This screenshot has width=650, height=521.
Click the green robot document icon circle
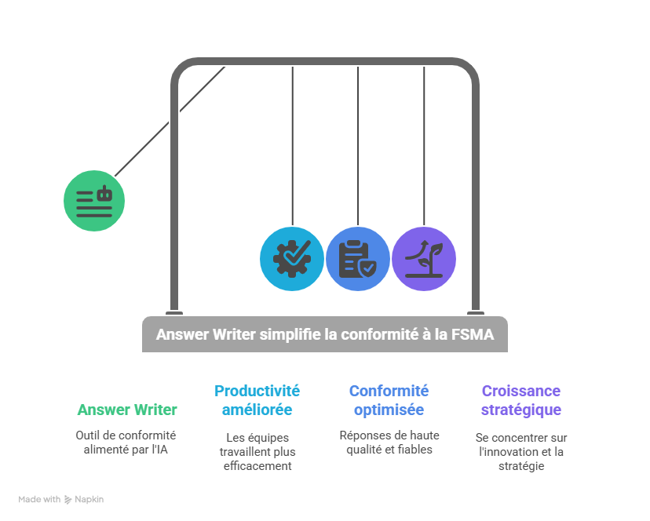tap(94, 200)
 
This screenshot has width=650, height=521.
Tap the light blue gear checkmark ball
tap(292, 259)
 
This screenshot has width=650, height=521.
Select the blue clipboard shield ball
tap(358, 259)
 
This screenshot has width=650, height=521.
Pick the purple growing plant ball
tap(424, 259)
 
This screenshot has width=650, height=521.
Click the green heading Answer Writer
tap(127, 410)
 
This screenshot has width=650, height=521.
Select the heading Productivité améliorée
tap(257, 400)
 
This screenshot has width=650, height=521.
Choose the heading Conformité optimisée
tap(389, 400)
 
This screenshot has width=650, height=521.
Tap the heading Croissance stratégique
tap(520, 400)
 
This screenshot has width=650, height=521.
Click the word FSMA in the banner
tap(473, 334)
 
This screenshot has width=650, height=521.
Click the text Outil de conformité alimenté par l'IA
tap(126, 442)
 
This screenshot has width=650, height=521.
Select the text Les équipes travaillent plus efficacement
tap(257, 451)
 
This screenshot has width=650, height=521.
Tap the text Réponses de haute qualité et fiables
tap(389, 442)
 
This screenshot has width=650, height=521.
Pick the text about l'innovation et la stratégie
tap(520, 451)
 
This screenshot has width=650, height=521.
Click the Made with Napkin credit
tap(61, 499)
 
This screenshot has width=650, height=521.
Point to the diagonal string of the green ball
tap(169, 122)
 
